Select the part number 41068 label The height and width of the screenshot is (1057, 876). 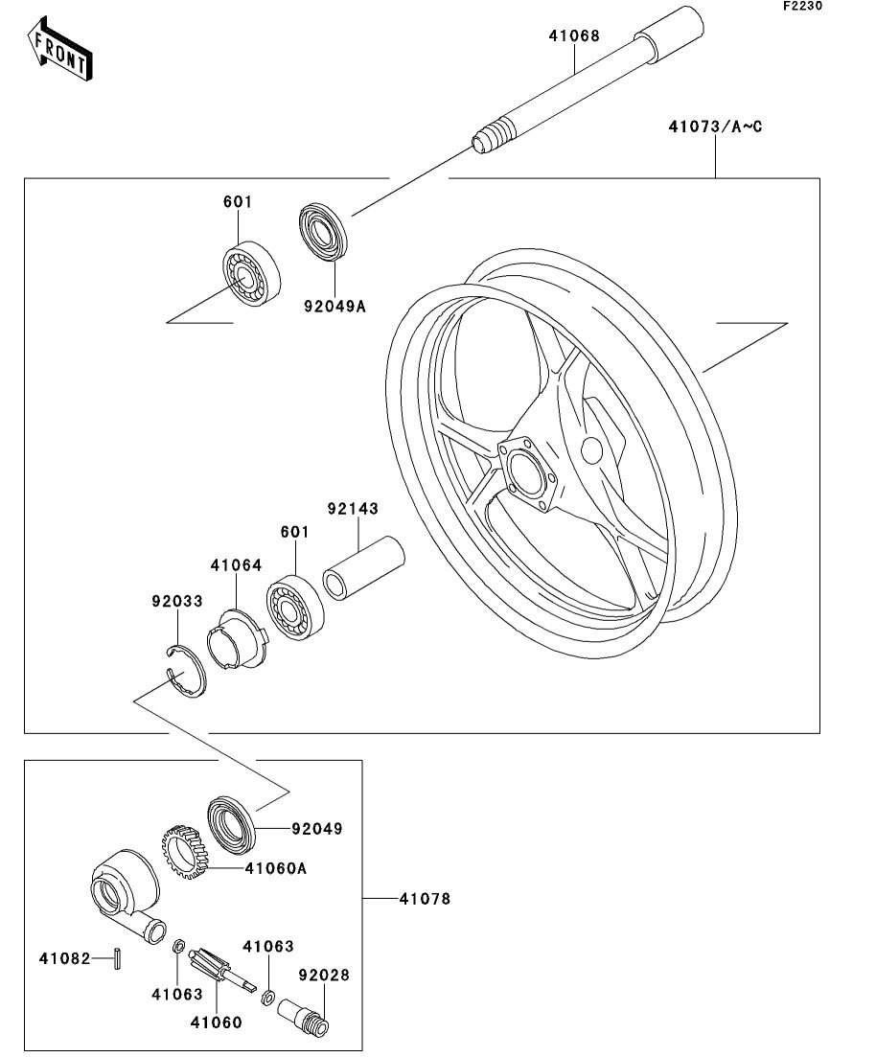pyautogui.click(x=574, y=36)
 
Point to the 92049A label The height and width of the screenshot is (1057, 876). pyautogui.click(x=334, y=307)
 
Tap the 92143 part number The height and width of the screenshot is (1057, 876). pyautogui.click(x=353, y=508)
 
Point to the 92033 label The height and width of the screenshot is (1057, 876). pyautogui.click(x=177, y=602)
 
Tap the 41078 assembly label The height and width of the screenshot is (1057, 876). pyautogui.click(x=425, y=899)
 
